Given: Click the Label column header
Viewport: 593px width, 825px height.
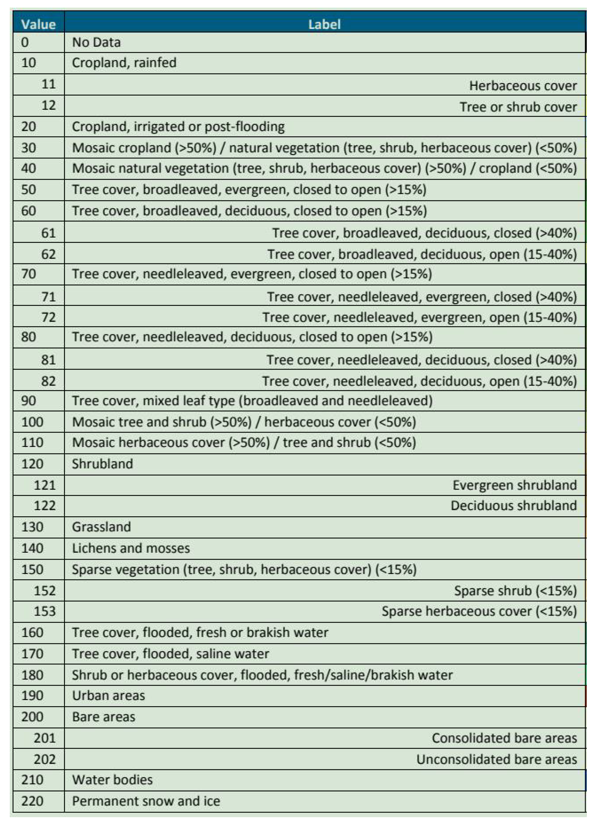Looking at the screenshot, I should (x=324, y=24).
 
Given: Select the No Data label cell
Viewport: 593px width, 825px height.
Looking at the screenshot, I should (x=96, y=43).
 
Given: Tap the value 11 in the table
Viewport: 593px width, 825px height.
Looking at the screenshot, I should (x=48, y=84).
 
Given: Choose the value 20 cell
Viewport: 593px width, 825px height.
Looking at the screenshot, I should (x=29, y=127).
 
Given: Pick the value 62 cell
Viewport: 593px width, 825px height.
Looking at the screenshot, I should (x=48, y=254).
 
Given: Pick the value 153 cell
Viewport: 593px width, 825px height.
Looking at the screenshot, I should (x=45, y=611).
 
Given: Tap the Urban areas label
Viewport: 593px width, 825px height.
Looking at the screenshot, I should (x=108, y=696).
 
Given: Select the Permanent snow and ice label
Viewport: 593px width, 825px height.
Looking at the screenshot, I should (x=146, y=801).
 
